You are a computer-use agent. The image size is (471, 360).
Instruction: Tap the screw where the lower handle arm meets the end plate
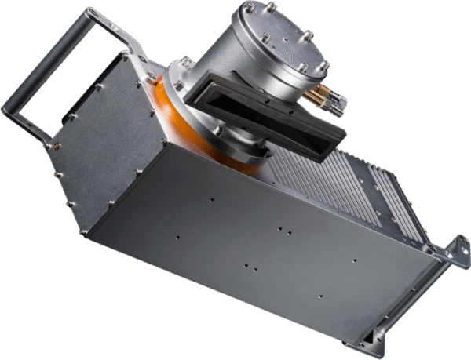point(54,146)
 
